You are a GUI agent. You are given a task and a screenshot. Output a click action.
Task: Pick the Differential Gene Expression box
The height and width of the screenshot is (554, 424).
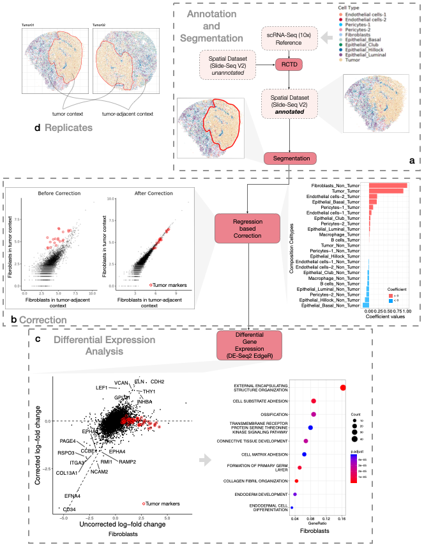click(245, 344)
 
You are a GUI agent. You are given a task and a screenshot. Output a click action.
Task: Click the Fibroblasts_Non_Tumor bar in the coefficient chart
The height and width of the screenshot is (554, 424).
click(386, 186)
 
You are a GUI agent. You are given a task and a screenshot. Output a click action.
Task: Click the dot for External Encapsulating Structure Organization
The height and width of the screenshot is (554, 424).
click(343, 387)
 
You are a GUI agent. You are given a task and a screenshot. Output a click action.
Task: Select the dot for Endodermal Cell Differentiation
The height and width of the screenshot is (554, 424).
click(292, 507)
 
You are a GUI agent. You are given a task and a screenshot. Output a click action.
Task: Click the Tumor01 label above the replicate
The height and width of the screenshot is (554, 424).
click(28, 26)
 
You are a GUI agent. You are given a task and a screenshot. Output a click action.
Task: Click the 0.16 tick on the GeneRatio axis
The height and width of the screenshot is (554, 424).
click(342, 518)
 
